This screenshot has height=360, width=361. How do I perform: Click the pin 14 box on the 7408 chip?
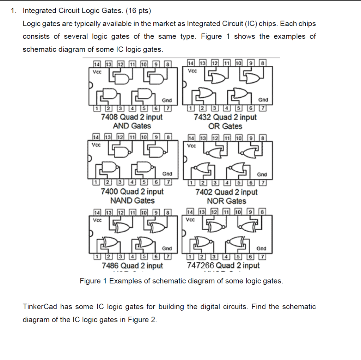point(96,64)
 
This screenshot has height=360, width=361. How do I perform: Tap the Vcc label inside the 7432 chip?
point(191,71)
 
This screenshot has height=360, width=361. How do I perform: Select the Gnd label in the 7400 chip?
point(167,174)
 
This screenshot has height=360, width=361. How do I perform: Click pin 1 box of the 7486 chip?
point(96,256)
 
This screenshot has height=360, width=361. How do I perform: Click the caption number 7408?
point(110,117)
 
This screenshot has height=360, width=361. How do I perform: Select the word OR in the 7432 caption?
point(213,126)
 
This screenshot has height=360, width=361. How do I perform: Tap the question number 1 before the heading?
point(13,11)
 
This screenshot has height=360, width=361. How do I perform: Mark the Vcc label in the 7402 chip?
point(191,145)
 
